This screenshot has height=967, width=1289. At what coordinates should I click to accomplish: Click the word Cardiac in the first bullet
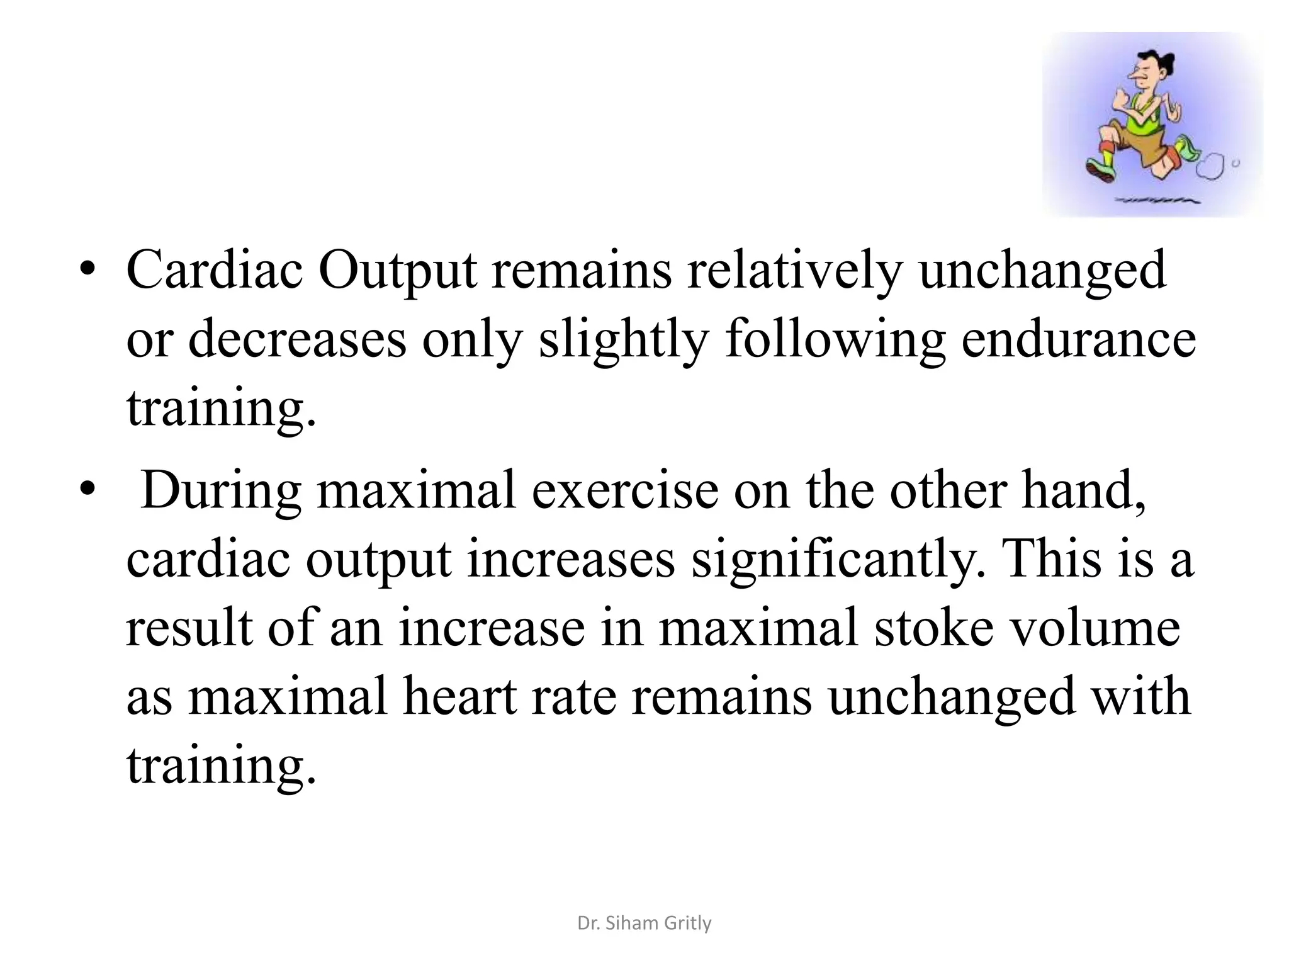(x=215, y=271)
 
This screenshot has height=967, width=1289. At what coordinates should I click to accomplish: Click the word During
(x=221, y=492)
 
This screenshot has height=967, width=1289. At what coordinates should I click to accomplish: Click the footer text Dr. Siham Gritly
(x=644, y=923)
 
